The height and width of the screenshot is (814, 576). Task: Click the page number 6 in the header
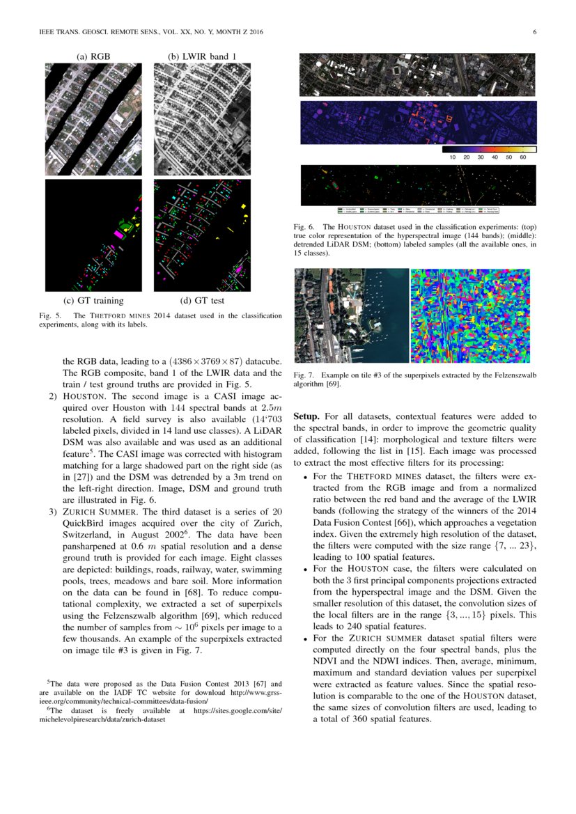coord(534,31)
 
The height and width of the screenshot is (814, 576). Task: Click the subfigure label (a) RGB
coord(93,56)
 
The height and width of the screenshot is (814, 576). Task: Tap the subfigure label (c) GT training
coord(93,301)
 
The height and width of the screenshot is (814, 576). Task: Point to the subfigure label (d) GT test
coord(202,301)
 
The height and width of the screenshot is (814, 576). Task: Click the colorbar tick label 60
coord(523,157)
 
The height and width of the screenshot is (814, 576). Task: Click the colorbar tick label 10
coord(452,157)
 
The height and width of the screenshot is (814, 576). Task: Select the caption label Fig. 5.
coord(50,316)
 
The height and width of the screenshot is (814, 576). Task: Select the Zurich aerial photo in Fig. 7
coord(351,315)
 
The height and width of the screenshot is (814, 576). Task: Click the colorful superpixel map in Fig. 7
coord(470,315)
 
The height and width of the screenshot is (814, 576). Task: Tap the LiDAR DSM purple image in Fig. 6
coord(418,122)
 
